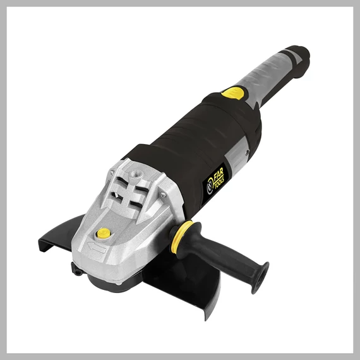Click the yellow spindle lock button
pos(104,233)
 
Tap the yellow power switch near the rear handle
pos(232,92)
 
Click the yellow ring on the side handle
pos(181,236)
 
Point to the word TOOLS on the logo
pos(219,182)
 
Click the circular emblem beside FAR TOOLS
pos(210,189)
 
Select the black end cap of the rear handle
pos(299,60)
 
